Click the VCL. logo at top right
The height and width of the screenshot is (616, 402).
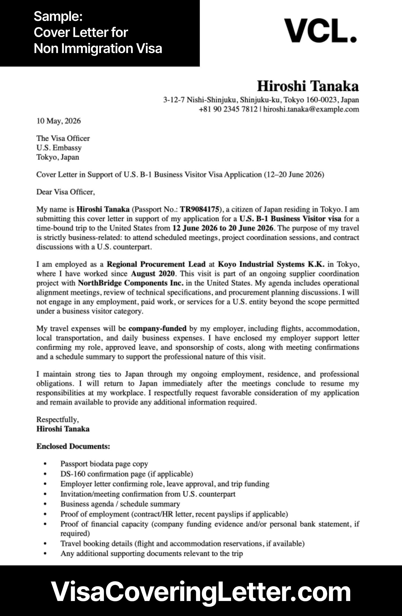320,31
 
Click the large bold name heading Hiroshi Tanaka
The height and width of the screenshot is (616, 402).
308,86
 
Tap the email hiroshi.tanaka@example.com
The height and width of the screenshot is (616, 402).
311,109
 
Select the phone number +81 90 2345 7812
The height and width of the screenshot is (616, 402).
228,109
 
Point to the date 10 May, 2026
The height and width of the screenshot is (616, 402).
58,121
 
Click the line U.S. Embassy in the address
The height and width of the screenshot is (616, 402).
59,148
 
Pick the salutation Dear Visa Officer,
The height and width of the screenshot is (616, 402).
66,192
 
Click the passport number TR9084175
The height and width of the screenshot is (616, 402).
200,209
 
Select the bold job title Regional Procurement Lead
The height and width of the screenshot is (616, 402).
156,264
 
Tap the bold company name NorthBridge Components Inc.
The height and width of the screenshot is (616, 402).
131,283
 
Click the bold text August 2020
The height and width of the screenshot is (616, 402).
153,274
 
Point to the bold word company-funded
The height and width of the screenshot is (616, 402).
157,329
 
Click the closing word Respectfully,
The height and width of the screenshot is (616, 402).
58,419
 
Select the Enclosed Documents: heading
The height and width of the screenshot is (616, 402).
73,446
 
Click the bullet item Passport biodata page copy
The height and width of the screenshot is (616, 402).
104,464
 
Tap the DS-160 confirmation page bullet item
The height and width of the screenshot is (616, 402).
126,474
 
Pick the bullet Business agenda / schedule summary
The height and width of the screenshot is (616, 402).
120,504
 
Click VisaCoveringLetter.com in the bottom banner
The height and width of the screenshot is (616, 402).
201,591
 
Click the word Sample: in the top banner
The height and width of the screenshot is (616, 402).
58,17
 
